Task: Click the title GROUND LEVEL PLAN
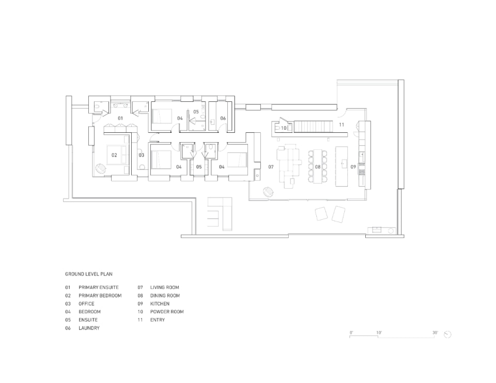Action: [88, 274]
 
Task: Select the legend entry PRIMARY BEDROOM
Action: [100, 296]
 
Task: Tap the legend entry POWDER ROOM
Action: [167, 312]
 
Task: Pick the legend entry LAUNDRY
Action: [89, 328]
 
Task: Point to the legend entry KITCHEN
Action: [160, 303]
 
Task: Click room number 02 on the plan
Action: [114, 155]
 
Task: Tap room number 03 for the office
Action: [142, 155]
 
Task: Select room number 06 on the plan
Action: [223, 118]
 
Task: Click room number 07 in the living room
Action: [271, 167]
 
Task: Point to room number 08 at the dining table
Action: [318, 167]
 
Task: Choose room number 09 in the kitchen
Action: [353, 167]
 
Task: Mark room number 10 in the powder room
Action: [284, 128]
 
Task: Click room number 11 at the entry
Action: [342, 125]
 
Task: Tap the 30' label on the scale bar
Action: [435, 333]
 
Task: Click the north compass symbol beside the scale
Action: [447, 334]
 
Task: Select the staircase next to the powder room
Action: [313, 126]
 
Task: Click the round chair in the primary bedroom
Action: [101, 168]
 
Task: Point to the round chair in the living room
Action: [269, 191]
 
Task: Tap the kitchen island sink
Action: [343, 164]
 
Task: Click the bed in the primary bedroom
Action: [116, 155]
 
